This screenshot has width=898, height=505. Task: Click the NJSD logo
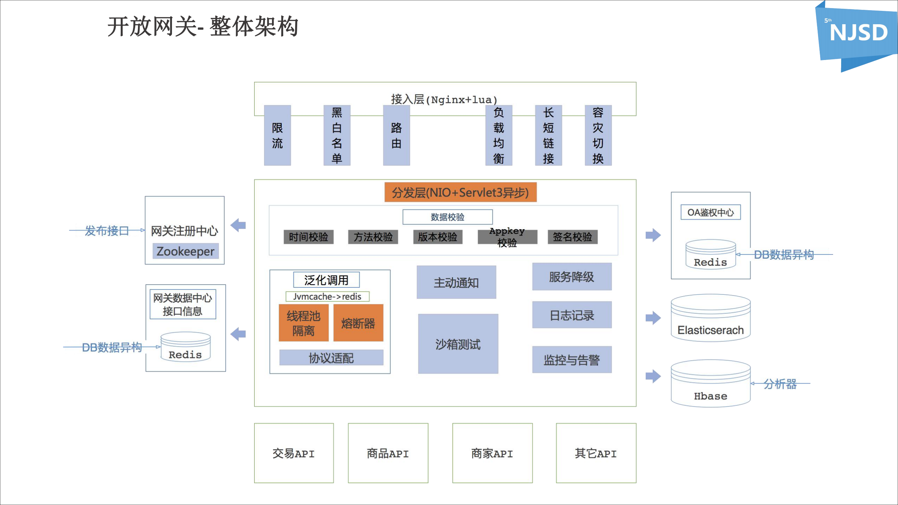point(858,33)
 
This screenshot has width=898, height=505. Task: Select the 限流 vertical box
point(277,135)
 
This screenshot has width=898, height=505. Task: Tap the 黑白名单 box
point(337,135)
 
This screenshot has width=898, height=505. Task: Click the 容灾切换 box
point(598,135)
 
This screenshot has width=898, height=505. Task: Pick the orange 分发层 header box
point(460,192)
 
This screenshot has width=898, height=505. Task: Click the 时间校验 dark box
point(308,237)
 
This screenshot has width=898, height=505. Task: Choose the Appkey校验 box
point(507,237)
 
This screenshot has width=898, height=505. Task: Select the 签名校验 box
point(572,237)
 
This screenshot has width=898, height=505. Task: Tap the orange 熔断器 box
point(358,323)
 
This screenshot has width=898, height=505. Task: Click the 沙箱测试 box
point(458,344)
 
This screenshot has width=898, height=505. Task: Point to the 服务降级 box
point(572,277)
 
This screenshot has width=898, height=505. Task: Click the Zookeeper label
point(185,251)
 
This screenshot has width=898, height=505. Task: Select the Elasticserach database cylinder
point(711,318)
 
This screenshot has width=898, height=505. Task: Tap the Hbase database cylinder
point(711,384)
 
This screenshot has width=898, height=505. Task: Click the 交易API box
point(294,453)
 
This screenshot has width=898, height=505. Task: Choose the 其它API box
point(596,453)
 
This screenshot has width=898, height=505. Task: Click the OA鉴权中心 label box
point(711,212)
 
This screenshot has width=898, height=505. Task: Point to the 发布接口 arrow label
point(107,231)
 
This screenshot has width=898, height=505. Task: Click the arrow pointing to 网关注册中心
point(238,225)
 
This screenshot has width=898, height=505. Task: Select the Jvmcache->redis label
point(327,297)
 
